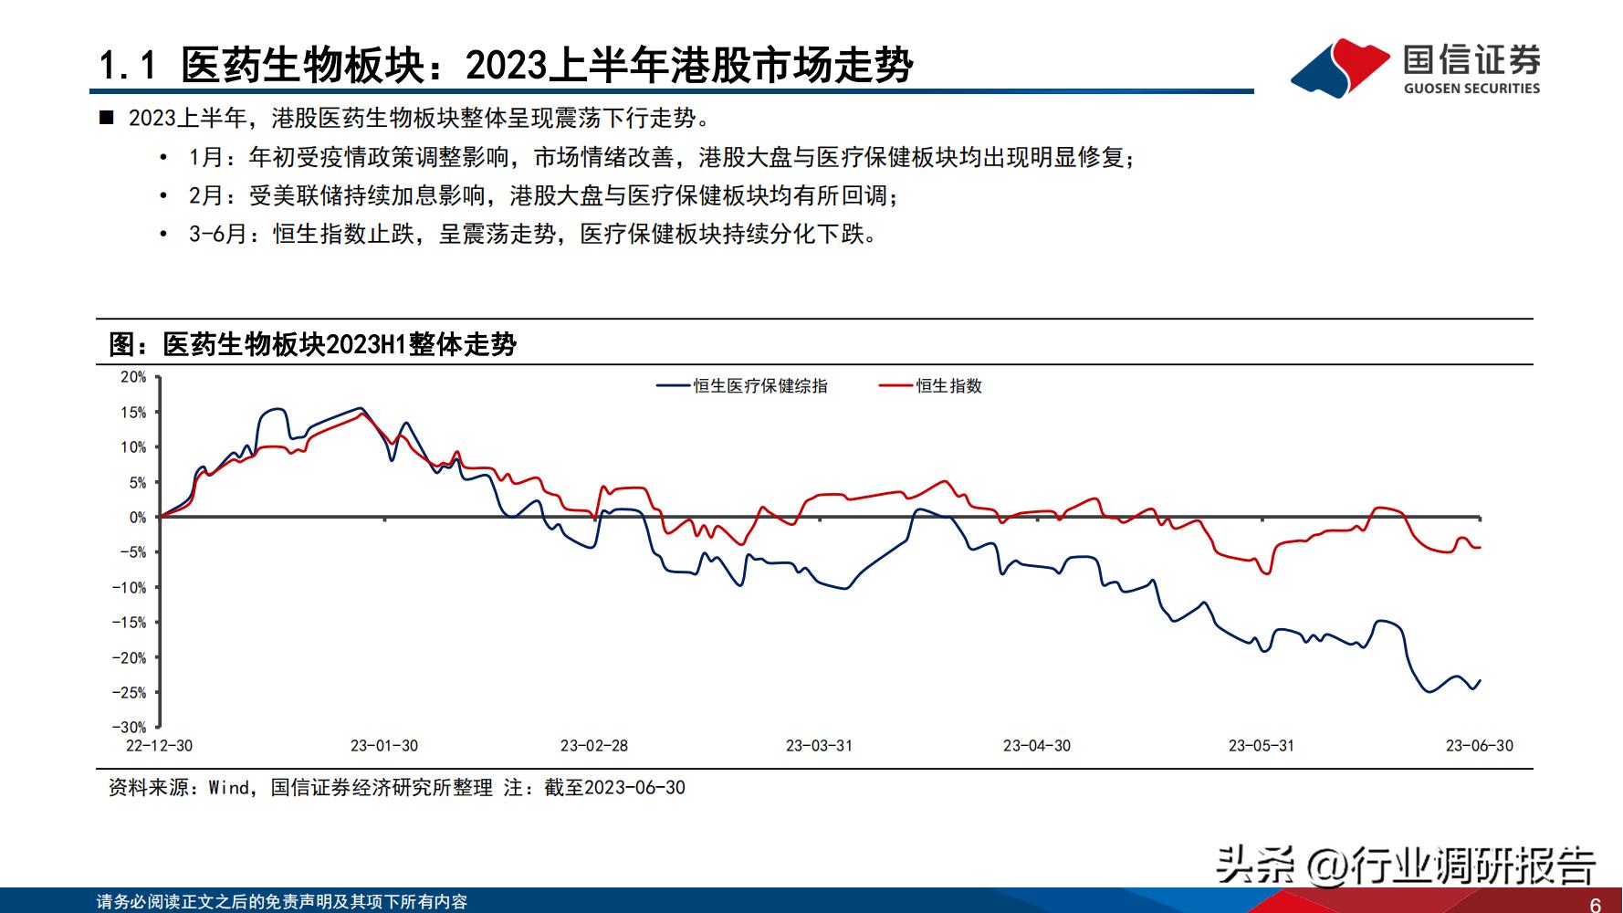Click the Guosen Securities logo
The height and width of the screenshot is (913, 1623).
coord(1416,68)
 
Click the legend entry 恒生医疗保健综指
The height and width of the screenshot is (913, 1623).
coord(759,386)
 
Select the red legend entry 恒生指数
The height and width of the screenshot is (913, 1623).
coord(948,386)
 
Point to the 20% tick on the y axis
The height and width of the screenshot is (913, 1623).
coord(133,377)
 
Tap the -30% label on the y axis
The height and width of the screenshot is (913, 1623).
coord(130,728)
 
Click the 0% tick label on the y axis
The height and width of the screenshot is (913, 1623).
coord(137,518)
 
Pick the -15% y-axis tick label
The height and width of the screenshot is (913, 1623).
coord(130,623)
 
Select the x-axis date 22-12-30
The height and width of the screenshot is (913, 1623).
coord(159,746)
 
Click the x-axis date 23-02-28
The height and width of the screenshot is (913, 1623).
coord(594,746)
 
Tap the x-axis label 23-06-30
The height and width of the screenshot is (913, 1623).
coord(1479,746)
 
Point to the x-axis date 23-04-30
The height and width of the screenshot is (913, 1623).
coord(1037,746)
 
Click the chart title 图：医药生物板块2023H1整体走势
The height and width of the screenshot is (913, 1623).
coord(312,344)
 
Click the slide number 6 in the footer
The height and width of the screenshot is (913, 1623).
coord(1596,905)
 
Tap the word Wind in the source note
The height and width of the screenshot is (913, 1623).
coord(229,788)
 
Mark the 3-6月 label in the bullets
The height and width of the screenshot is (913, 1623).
coord(217,234)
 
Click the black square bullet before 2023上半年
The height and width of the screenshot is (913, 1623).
coord(107,118)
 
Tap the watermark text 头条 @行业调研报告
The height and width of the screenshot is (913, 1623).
coord(1406,864)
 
